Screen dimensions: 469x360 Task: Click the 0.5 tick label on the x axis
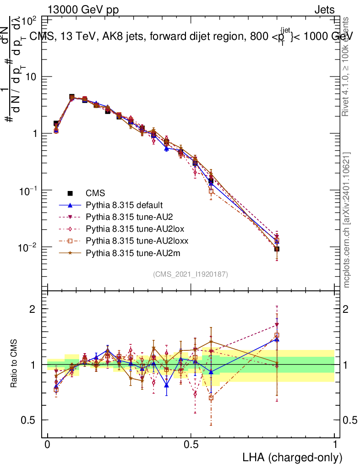[x=191, y=445]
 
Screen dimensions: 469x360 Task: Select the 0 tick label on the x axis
[x=48, y=445]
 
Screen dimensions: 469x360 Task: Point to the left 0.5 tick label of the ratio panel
[x=28, y=420]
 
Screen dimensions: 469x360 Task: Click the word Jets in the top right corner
[x=324, y=10]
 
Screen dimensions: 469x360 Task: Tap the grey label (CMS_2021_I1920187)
[x=191, y=274]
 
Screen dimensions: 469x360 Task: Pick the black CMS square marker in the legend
[x=70, y=193]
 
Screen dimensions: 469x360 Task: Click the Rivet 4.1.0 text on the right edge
[x=347, y=66]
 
